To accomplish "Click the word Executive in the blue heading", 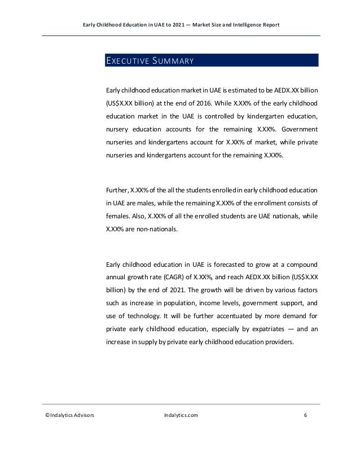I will click(x=125, y=60).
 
